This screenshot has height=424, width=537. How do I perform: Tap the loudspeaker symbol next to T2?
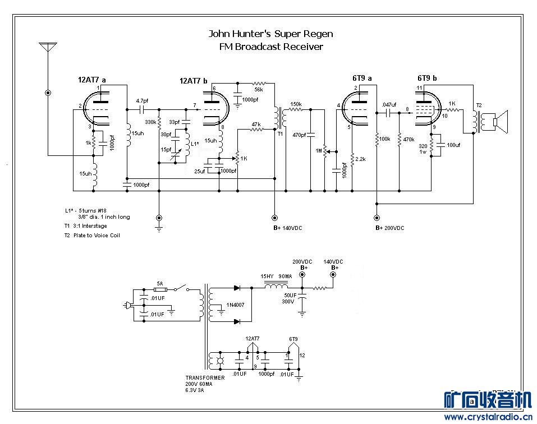pos(498,122)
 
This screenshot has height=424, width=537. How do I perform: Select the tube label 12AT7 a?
pos(93,80)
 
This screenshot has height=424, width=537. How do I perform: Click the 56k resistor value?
pos(258,89)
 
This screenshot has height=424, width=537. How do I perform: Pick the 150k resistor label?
pos(296,104)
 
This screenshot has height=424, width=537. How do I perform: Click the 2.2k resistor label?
pos(360,160)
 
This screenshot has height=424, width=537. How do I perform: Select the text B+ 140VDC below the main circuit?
pos(287,228)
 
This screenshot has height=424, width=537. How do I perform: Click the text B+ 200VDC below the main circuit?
pos(390,228)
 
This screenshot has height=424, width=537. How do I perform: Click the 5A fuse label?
pos(159,284)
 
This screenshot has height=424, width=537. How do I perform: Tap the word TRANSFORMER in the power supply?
pos(205,378)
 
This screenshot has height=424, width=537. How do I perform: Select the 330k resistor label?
pos(150,122)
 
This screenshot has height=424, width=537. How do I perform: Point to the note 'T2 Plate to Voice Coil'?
pos(92,235)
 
